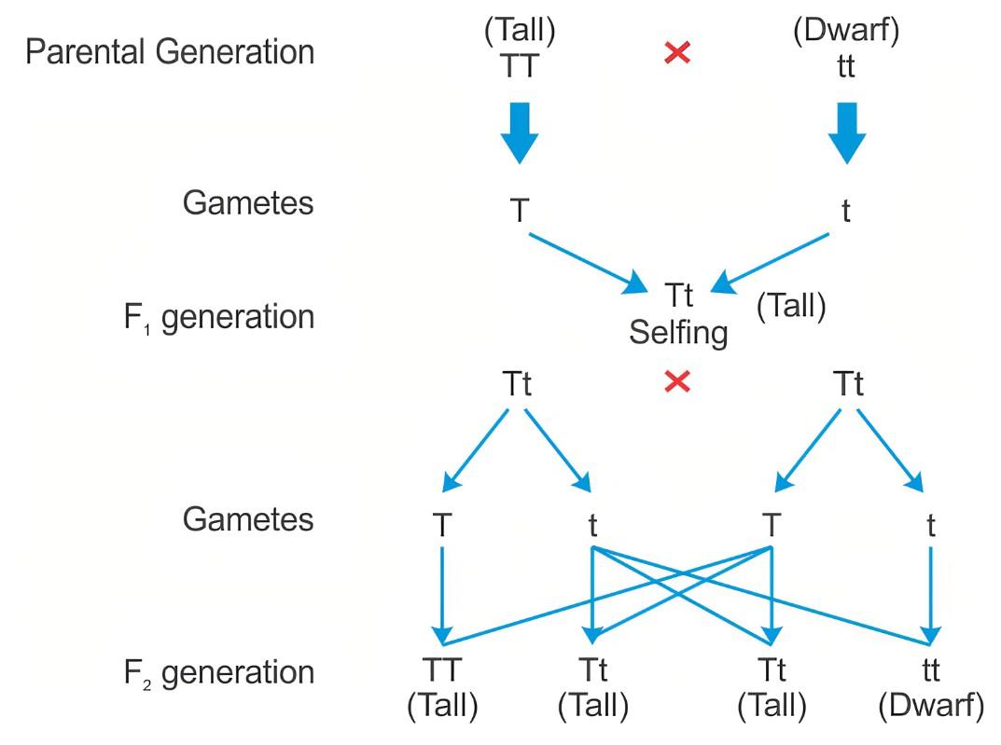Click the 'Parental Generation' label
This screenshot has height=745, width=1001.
[x=170, y=52]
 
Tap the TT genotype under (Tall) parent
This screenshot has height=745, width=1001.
[x=519, y=65]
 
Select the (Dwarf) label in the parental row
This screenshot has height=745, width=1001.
[x=846, y=30]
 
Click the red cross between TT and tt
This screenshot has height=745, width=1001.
[x=677, y=52]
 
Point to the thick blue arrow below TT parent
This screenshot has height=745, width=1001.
[x=519, y=133]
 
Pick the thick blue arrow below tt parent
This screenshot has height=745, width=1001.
[x=846, y=133]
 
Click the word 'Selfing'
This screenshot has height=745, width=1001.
[x=678, y=333]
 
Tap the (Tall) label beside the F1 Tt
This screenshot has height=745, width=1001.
[x=791, y=306]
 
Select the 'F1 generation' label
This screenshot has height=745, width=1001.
[x=219, y=318]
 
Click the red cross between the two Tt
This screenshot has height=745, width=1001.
[x=677, y=382]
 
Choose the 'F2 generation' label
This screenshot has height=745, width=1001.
[x=219, y=673]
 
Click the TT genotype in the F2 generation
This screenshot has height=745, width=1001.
[x=442, y=670]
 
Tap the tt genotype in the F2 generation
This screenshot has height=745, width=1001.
[x=931, y=670]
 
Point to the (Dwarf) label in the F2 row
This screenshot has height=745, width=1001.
[x=931, y=706]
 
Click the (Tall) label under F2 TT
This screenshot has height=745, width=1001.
[x=442, y=706]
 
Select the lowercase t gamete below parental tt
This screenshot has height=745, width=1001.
[x=846, y=211]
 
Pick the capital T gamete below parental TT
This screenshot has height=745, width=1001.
[x=520, y=211]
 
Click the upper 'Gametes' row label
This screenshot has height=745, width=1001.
[x=248, y=203]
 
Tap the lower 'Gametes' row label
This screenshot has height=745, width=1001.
[x=248, y=520]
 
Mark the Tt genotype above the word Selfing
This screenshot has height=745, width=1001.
[x=678, y=296]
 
